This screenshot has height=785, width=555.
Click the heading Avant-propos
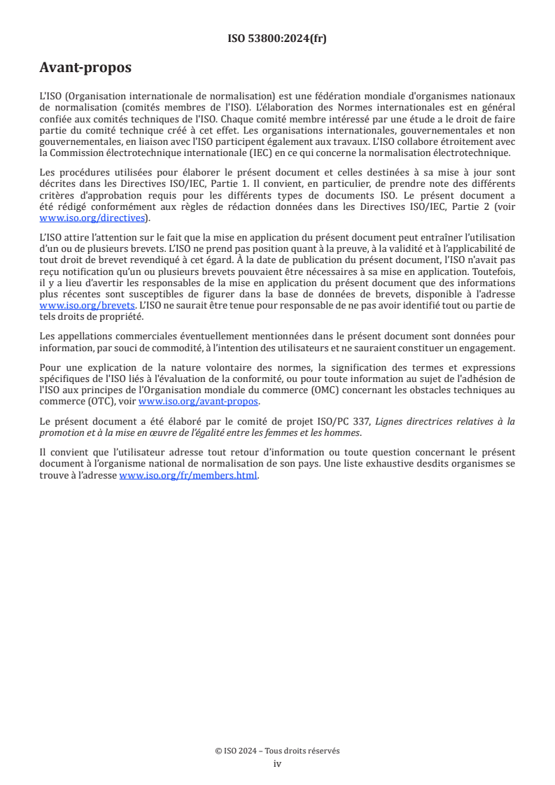click(85, 68)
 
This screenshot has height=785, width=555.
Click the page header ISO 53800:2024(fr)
click(277, 38)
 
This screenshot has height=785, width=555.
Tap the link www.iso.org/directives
click(92, 218)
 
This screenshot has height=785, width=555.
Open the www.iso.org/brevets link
click(87, 306)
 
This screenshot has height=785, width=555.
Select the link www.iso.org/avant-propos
click(199, 401)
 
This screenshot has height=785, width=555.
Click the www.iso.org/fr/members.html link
click(188, 475)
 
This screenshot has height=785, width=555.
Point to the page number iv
click(277, 763)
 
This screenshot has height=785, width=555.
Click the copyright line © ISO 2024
click(277, 751)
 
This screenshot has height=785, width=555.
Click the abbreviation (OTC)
click(103, 401)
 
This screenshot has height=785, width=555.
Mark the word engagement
click(482, 348)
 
